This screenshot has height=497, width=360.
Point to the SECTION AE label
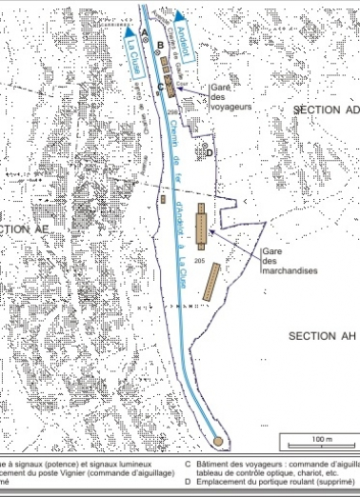click(25, 230)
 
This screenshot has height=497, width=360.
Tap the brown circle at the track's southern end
click(220, 440)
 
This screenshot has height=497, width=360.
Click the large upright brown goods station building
click(201, 226)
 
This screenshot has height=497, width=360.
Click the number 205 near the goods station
click(199, 259)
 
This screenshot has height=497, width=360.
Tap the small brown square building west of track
click(165, 200)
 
